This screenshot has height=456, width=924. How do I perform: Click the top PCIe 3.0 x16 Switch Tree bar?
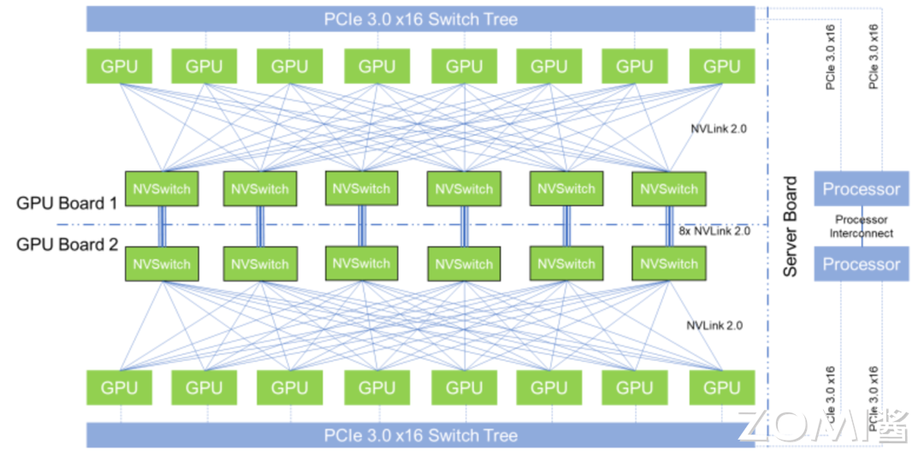click(x=420, y=18)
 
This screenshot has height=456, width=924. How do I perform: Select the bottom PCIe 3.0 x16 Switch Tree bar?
click(x=420, y=435)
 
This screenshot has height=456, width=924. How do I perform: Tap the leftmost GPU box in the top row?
click(x=119, y=66)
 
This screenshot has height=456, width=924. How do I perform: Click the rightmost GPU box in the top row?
click(x=720, y=66)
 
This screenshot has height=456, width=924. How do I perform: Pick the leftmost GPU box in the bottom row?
click(x=119, y=388)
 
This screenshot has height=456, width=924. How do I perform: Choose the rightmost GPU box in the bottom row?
click(x=720, y=388)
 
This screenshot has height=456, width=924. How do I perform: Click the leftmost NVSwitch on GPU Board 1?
click(x=162, y=188)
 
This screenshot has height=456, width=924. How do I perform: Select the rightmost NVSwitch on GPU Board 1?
click(x=668, y=188)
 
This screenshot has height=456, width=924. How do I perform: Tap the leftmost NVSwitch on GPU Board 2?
click(x=162, y=264)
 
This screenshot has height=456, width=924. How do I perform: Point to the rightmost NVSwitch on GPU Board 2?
click(x=668, y=264)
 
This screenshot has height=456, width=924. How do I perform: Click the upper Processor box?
click(x=861, y=189)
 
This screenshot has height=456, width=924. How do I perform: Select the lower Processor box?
click(x=861, y=264)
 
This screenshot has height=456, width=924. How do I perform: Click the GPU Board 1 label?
click(x=67, y=204)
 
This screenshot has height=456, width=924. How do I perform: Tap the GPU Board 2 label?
click(x=67, y=244)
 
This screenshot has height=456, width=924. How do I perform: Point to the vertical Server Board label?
click(x=791, y=226)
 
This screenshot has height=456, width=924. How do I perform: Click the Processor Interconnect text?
click(x=863, y=227)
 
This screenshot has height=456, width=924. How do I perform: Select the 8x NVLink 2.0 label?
click(x=714, y=231)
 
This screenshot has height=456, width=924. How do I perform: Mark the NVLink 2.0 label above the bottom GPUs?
click(x=714, y=325)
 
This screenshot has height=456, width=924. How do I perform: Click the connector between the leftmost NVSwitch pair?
click(x=161, y=226)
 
